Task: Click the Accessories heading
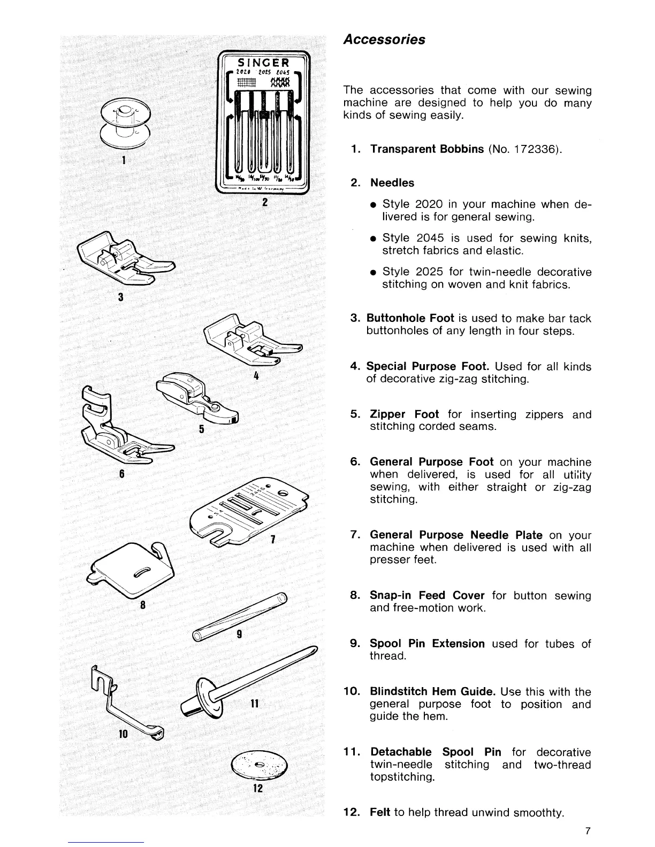(384, 40)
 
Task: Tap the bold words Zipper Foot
(404, 414)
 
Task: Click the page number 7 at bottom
(587, 831)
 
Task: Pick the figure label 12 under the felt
(258, 788)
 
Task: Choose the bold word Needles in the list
(392, 183)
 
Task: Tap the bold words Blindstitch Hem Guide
(432, 692)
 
